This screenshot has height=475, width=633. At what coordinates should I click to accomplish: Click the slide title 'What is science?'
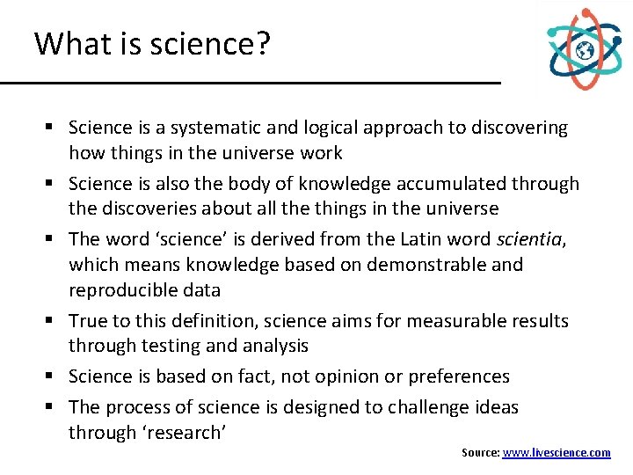[x=151, y=43]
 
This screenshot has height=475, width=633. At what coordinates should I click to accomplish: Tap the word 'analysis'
[x=269, y=346]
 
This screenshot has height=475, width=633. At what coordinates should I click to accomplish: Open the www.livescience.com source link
[x=557, y=452]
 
